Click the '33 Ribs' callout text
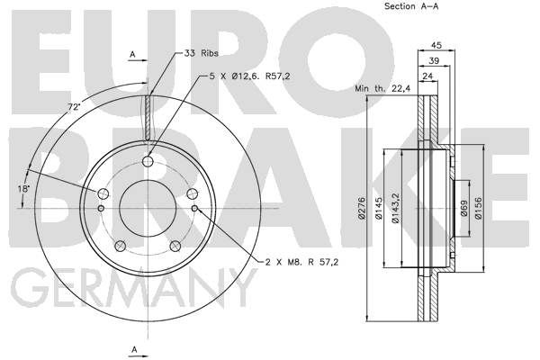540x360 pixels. [x=201, y=53]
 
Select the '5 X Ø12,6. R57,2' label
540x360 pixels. [x=249, y=76]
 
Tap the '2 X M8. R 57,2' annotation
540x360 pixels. [x=301, y=262]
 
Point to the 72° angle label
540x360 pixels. [x=74, y=107]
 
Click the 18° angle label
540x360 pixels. [x=23, y=189]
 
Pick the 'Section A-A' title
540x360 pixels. [x=411, y=6]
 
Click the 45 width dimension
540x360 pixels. [x=436, y=45]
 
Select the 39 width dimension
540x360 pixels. [x=434, y=60]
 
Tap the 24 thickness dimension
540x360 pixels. [x=427, y=76]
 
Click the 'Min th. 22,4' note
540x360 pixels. [x=382, y=88]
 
